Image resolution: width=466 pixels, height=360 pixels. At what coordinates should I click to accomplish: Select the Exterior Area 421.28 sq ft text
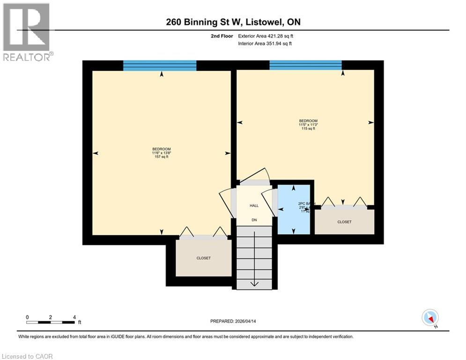266,36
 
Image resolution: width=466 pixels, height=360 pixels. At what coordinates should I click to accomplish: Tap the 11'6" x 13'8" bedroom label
161,153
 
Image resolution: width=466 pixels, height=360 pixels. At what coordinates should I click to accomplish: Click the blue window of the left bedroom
160,66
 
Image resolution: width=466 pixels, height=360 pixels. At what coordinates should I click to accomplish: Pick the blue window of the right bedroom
305,66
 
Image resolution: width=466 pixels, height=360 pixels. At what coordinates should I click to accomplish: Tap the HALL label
254,205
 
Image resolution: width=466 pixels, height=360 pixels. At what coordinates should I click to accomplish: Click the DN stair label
254,220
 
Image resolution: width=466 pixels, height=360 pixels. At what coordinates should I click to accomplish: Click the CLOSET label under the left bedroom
203,258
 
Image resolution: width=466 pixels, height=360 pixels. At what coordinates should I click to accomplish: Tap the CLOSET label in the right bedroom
344,222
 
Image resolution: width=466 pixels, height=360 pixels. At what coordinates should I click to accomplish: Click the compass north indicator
429,318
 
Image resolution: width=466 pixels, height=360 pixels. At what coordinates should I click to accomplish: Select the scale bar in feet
51,322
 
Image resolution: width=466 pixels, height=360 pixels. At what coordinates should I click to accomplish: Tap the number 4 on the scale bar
74,317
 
